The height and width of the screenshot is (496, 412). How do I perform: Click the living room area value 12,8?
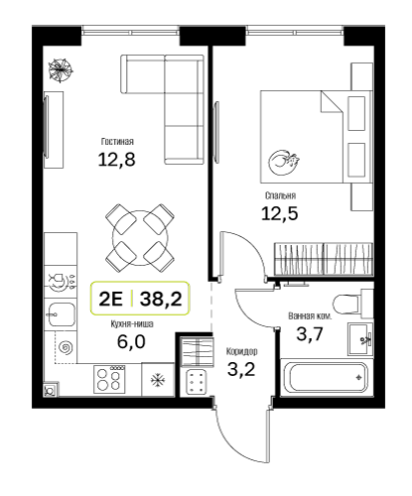[x=117, y=160]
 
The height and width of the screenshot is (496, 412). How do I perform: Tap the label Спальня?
[x=280, y=195]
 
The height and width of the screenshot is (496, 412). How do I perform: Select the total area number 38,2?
[x=161, y=299]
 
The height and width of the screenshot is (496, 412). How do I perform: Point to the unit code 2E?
[x=111, y=299]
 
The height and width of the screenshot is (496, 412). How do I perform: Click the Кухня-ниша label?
[x=132, y=324]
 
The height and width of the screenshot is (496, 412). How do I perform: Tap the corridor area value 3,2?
[x=241, y=369]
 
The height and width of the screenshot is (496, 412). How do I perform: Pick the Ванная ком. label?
[x=310, y=316]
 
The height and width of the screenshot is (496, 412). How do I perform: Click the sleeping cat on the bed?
[x=284, y=162]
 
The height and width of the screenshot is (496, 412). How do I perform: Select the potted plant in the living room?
[x=61, y=69]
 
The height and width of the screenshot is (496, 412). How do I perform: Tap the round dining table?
[x=140, y=238]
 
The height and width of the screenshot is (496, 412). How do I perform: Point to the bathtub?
[x=328, y=377]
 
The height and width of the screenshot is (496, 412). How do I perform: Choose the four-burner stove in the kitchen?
[x=110, y=379]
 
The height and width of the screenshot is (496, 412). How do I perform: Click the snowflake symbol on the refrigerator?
[x=158, y=380]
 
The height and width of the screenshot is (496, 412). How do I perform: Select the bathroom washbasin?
[x=360, y=339]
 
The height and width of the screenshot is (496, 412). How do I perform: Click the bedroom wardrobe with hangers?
[x=324, y=259]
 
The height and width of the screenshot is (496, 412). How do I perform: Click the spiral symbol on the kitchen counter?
[x=66, y=347]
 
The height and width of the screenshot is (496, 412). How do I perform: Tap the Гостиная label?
[x=117, y=142]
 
